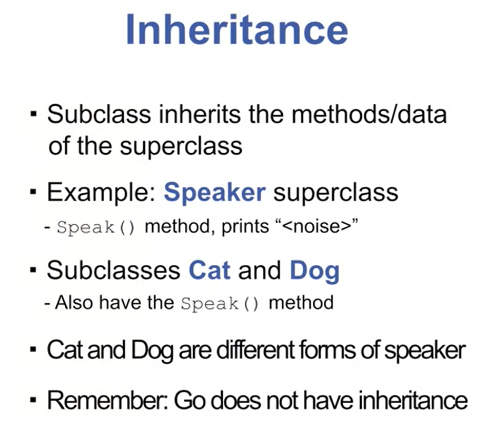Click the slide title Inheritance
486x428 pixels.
pos(237,30)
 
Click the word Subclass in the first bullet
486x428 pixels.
pos(99,114)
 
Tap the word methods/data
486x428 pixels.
pos(369,114)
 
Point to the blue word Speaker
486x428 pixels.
pos(214,193)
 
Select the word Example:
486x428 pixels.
pos(101,193)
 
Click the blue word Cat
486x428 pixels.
pos(210,270)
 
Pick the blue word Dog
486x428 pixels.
pos(315,272)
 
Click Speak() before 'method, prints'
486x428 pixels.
pos(96,228)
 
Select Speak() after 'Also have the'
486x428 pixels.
pos(220,304)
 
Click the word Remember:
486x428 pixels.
pos(107,401)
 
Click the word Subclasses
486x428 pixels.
pos(114,270)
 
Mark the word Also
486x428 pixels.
pos(74,303)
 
